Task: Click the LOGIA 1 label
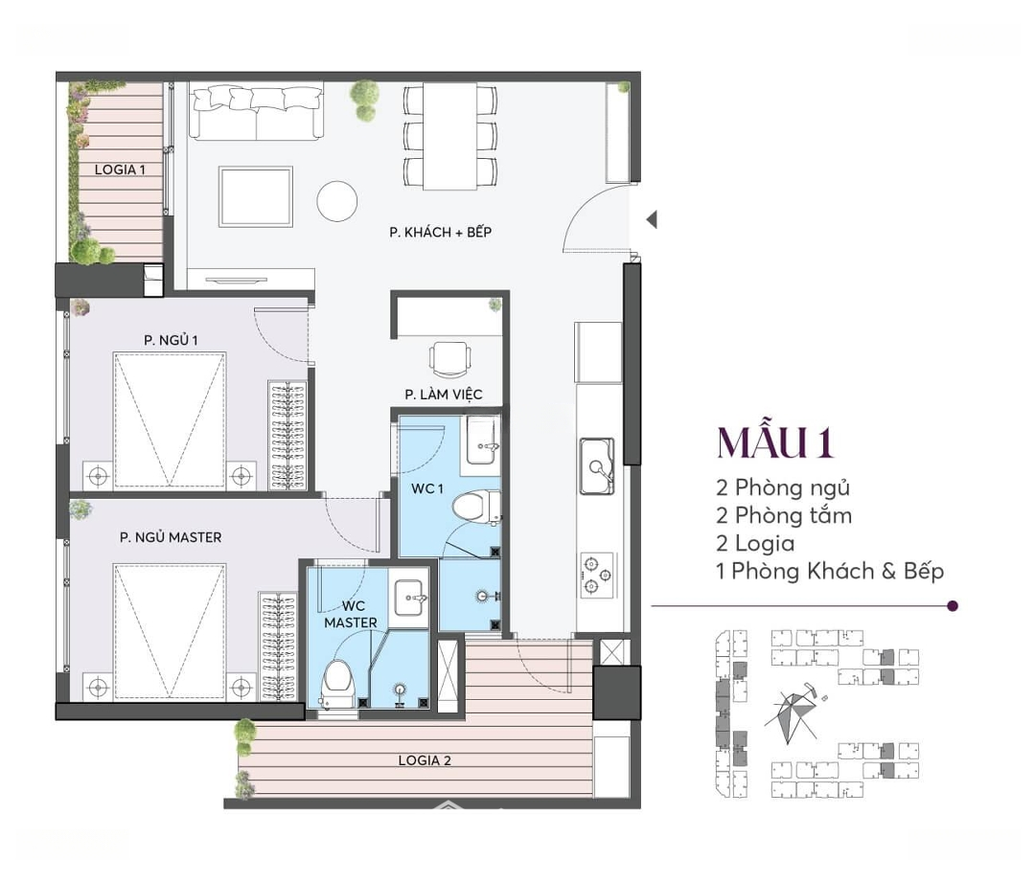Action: [x=120, y=170]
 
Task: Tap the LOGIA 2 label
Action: [x=425, y=760]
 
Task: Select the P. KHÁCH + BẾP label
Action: [x=440, y=232]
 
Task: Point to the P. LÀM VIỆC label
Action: [x=444, y=395]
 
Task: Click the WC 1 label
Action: [x=427, y=488]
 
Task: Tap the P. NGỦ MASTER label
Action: [x=171, y=537]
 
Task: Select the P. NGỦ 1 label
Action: [x=171, y=340]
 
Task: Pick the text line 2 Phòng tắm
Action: [x=784, y=515]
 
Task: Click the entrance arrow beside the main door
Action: [x=652, y=219]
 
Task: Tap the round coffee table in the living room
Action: [x=336, y=201]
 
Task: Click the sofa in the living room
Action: [x=257, y=110]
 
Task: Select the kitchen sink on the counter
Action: [x=597, y=465]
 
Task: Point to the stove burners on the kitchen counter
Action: [x=597, y=576]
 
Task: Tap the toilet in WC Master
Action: [x=338, y=684]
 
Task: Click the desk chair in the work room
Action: [x=450, y=359]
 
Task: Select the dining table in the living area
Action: [x=449, y=136]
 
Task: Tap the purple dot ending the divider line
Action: [x=952, y=605]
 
